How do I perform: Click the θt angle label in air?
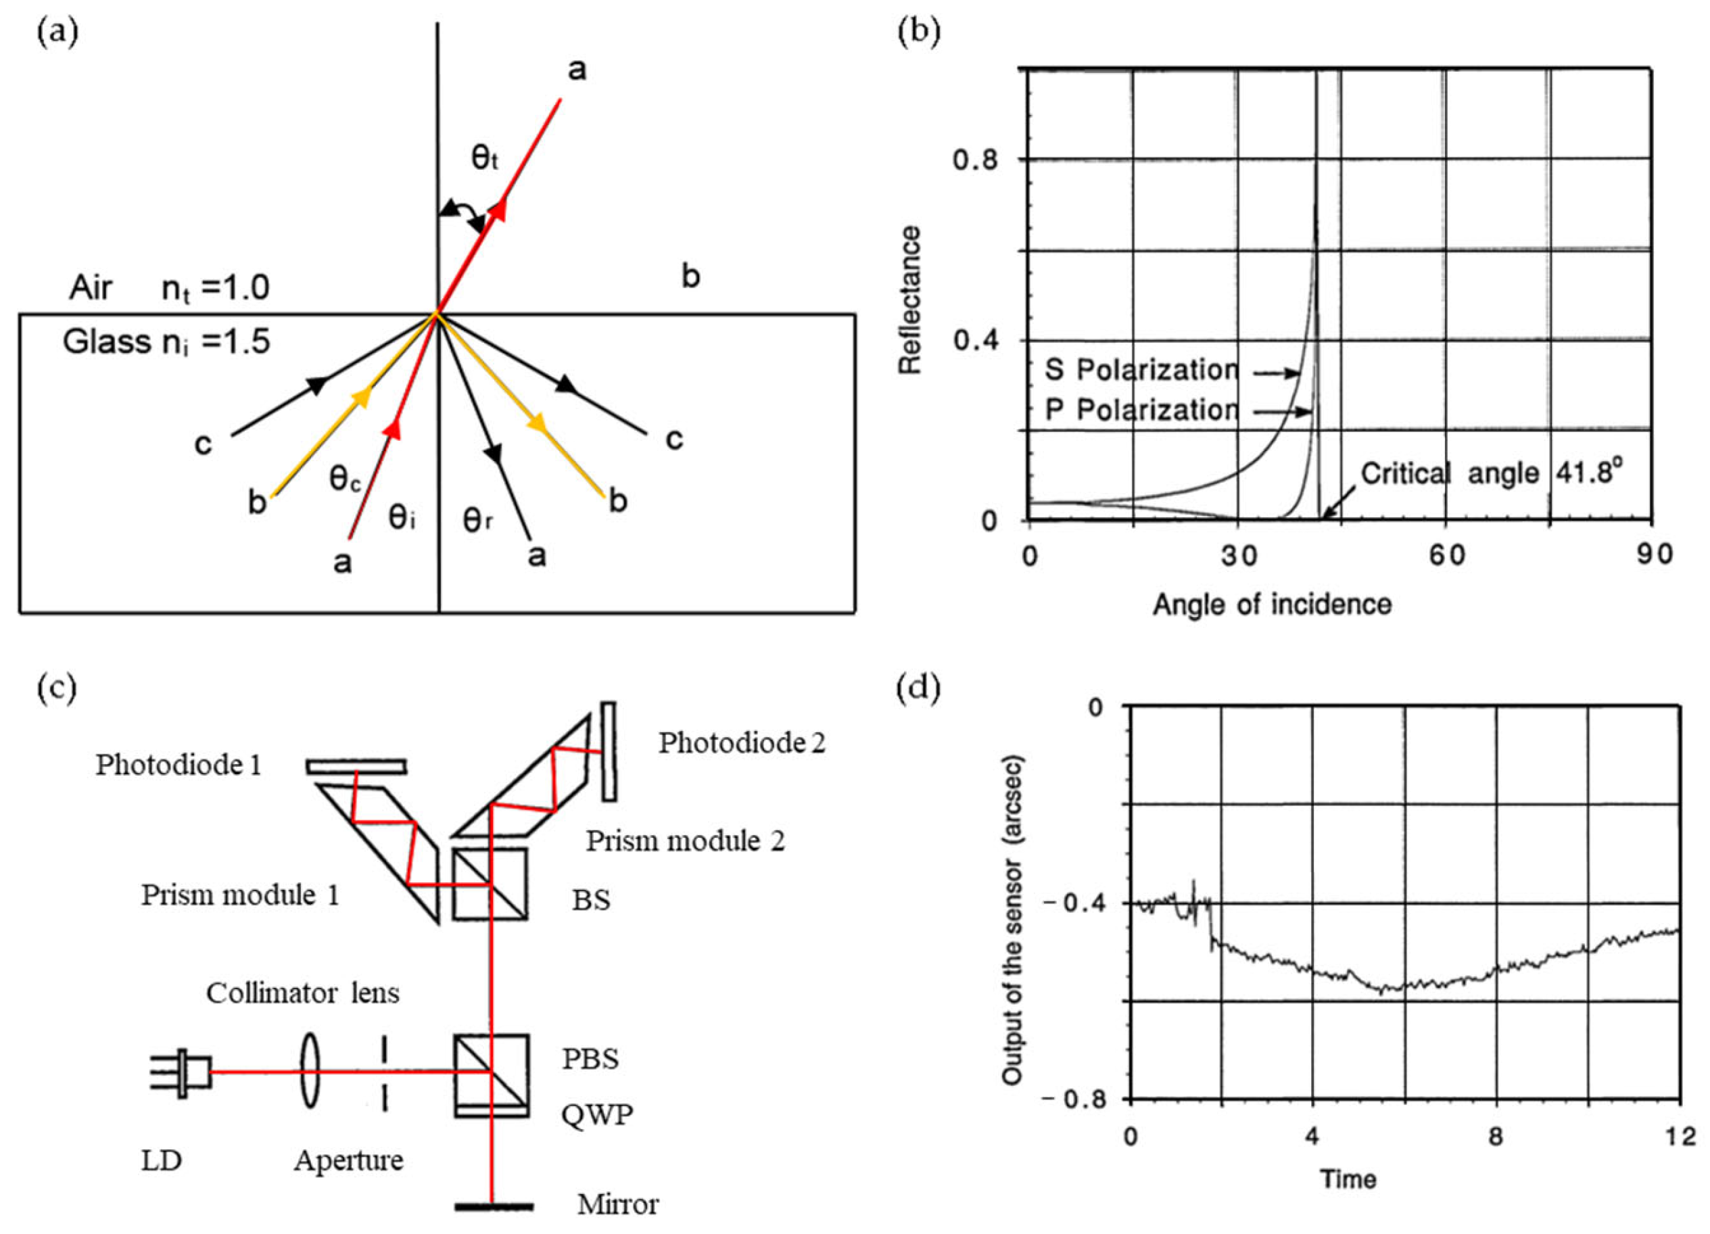485,159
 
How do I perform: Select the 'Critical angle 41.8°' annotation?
1491,473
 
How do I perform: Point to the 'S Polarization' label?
1141,370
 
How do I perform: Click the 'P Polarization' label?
1141,410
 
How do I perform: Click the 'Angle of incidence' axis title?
1272,604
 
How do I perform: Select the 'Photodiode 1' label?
178,765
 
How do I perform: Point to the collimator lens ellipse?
310,1071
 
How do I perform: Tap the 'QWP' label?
597,1114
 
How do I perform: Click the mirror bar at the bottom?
494,1207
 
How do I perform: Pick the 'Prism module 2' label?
686,840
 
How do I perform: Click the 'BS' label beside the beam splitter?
590,900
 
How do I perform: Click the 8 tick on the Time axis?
1495,1135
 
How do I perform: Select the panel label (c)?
57,688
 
